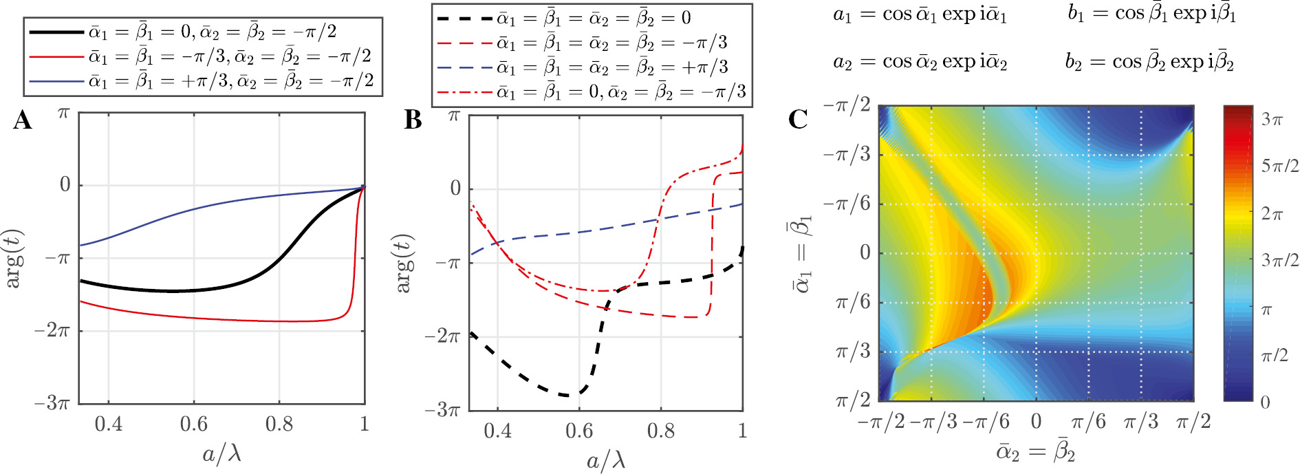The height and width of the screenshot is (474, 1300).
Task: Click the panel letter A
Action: (22, 120)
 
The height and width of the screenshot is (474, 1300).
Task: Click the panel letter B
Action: (413, 120)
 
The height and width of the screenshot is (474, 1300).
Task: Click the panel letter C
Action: (798, 120)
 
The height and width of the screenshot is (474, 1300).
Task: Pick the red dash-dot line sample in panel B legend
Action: (465, 91)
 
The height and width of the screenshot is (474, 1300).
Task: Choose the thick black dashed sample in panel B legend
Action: (465, 18)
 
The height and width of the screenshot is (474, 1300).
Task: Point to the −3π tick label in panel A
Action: (52, 402)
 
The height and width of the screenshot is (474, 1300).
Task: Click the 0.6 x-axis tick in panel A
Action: (194, 424)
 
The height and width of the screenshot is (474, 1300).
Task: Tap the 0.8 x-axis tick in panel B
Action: (660, 431)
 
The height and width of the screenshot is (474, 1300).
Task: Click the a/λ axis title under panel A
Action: (221, 454)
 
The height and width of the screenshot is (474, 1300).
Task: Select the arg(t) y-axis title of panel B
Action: (404, 263)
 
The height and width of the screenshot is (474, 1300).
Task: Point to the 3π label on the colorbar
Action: (1272, 120)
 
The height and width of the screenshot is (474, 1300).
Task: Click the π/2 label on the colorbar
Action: (1274, 356)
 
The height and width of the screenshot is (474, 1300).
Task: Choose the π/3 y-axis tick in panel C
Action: (852, 352)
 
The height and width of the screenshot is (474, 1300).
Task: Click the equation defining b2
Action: (1149, 63)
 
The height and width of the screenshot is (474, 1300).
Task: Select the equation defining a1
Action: (920, 14)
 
